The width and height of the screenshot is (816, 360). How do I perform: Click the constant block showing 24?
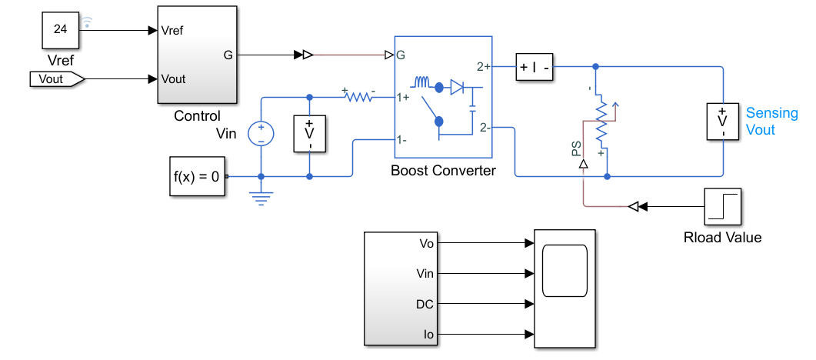click(x=60, y=29)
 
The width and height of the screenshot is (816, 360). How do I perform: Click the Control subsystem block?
click(x=197, y=55)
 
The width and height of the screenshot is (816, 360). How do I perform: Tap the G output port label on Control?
click(x=228, y=55)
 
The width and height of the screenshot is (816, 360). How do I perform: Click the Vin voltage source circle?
click(x=261, y=134)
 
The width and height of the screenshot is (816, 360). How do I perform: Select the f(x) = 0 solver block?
click(x=197, y=176)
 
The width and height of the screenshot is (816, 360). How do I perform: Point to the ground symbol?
click(x=261, y=198)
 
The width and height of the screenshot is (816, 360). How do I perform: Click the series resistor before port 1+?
click(x=358, y=96)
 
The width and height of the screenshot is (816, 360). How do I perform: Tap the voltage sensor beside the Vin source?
click(x=310, y=134)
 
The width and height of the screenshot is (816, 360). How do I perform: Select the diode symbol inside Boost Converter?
click(x=457, y=88)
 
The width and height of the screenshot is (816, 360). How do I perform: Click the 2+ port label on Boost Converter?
click(x=484, y=67)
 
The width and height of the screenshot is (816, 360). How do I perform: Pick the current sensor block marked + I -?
click(x=535, y=67)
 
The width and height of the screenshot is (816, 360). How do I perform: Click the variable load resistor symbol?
click(x=602, y=124)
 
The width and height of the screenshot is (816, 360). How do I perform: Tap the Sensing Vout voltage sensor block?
click(x=722, y=122)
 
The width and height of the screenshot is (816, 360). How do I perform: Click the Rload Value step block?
click(x=722, y=206)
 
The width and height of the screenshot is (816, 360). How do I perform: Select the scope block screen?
click(x=565, y=271)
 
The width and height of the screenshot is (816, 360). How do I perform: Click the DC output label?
click(x=425, y=304)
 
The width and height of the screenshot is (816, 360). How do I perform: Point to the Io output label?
click(x=429, y=335)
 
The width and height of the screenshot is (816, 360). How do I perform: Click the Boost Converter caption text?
click(x=444, y=170)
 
